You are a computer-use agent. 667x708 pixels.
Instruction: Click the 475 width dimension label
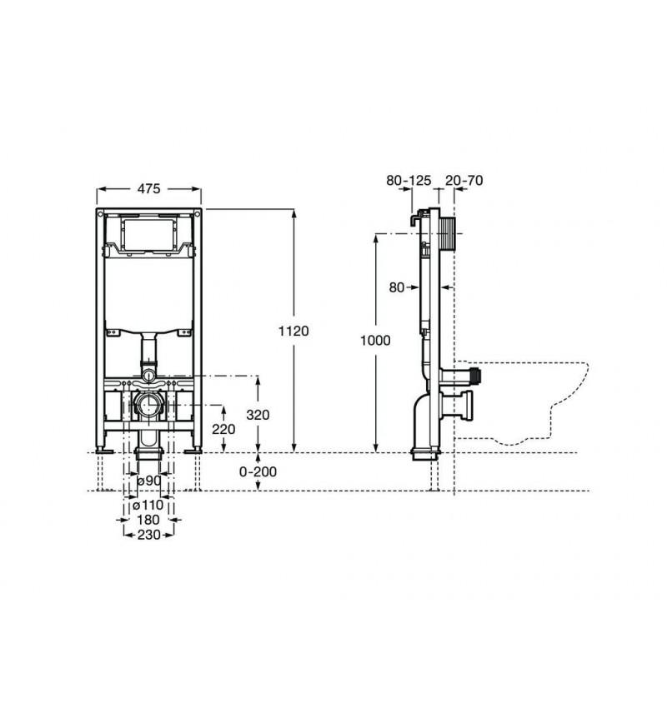click(148, 189)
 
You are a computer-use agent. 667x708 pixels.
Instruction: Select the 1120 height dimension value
click(293, 332)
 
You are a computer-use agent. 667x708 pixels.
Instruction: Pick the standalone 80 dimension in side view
click(396, 287)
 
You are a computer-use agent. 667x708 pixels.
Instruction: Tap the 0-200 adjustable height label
click(258, 471)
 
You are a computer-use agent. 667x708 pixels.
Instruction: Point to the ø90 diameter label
click(148, 481)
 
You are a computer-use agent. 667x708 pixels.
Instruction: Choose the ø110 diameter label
click(148, 506)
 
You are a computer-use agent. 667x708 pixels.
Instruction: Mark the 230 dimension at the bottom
click(149, 535)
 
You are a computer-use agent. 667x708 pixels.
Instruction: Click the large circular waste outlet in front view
click(149, 406)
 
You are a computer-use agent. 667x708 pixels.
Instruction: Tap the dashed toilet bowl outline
click(534, 400)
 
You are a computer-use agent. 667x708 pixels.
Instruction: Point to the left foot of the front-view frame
click(103, 450)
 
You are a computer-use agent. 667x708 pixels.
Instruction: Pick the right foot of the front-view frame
click(196, 450)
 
